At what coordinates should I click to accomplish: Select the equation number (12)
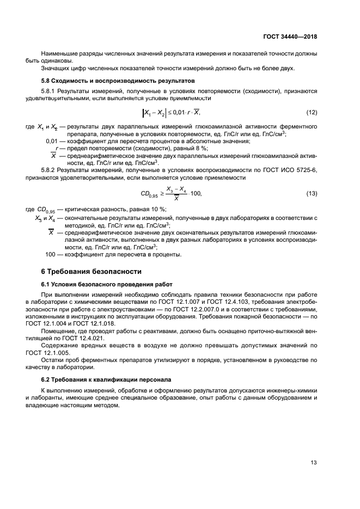[x=312, y=113]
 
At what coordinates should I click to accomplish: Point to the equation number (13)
[x=312, y=194]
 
